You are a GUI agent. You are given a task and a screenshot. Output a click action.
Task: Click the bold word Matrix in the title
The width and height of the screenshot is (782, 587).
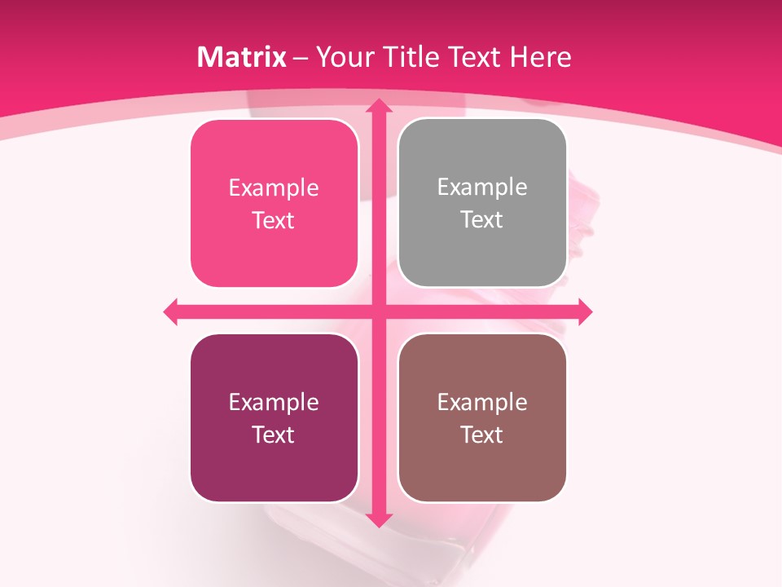pos(242,57)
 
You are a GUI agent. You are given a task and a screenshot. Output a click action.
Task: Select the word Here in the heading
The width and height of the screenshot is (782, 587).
pos(540,57)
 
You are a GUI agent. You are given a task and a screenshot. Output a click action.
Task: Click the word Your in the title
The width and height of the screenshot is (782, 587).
pos(342,57)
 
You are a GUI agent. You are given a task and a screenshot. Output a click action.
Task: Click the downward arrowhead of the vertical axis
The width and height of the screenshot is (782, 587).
pos(378,519)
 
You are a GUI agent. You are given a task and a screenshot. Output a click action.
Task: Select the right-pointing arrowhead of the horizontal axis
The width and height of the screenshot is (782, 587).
pos(584,311)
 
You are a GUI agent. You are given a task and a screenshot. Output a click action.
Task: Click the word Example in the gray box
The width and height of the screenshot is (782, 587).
pos(482,187)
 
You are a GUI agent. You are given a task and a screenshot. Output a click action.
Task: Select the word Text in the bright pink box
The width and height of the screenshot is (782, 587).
pos(274,220)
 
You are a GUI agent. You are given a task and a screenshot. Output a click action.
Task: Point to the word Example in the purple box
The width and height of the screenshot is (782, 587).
pos(274,402)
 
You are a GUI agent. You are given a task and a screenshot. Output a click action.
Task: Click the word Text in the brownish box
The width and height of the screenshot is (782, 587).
pos(482,435)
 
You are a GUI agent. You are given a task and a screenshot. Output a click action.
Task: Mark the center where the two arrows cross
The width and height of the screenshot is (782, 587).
pos(378,311)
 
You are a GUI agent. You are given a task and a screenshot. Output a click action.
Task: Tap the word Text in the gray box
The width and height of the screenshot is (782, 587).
pos(482,219)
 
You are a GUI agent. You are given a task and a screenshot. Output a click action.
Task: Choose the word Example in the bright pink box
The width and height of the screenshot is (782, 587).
pos(274,188)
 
